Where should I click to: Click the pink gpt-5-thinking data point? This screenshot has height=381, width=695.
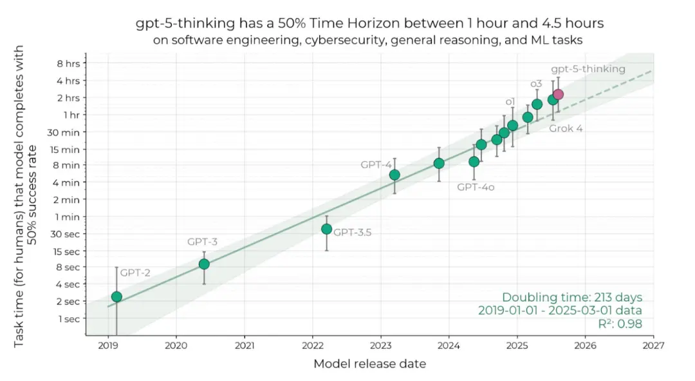click(x=558, y=94)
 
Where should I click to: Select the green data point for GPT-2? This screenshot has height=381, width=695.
click(x=116, y=297)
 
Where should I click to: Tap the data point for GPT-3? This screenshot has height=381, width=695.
click(x=204, y=264)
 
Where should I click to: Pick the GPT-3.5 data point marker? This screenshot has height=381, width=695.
click(x=326, y=229)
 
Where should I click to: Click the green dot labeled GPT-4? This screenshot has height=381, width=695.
click(x=394, y=175)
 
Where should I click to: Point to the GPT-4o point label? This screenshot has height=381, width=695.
click(x=476, y=187)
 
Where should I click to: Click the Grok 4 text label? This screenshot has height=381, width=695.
click(x=566, y=128)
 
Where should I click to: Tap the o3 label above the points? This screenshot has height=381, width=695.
click(x=536, y=84)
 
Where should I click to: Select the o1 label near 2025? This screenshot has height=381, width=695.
click(x=510, y=101)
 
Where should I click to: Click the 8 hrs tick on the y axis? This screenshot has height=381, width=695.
click(x=68, y=63)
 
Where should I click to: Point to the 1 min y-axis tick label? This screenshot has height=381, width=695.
click(x=68, y=217)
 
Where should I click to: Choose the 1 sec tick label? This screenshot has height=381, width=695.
click(x=68, y=318)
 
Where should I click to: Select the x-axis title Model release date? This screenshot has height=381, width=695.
click(x=369, y=364)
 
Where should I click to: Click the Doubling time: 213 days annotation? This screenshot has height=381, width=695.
click(x=572, y=297)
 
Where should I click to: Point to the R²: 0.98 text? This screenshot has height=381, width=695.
click(x=616, y=324)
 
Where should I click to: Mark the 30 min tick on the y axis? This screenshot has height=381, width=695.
click(x=66, y=132)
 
